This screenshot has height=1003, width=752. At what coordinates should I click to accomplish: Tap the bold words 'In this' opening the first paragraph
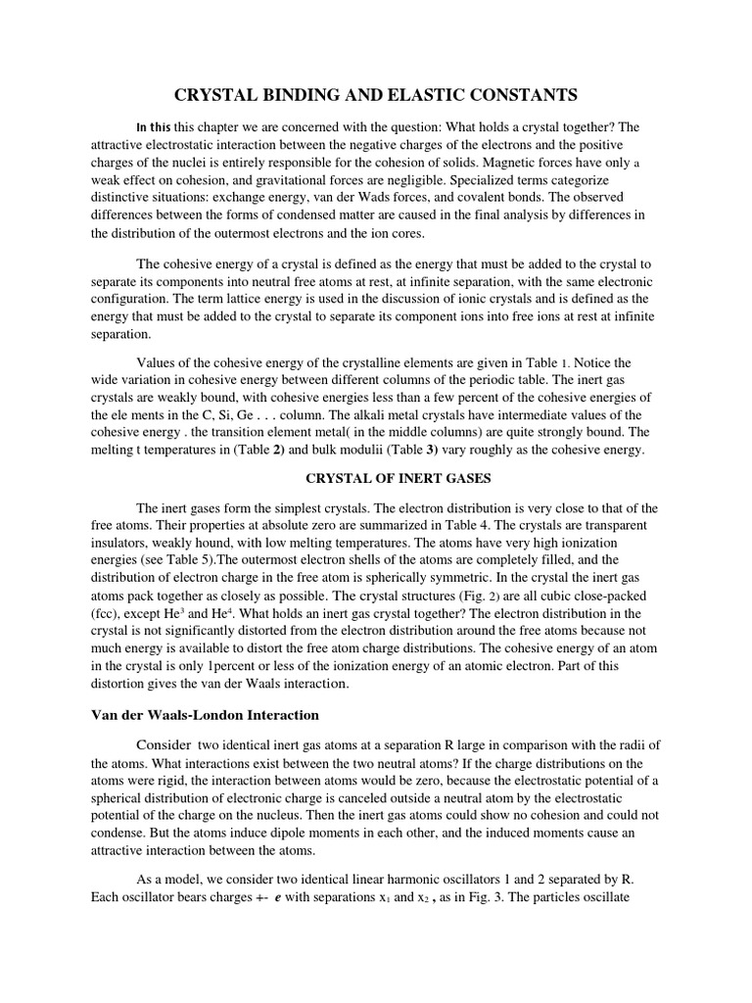(154, 127)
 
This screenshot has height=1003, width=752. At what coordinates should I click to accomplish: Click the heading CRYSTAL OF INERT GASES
(376, 480)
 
